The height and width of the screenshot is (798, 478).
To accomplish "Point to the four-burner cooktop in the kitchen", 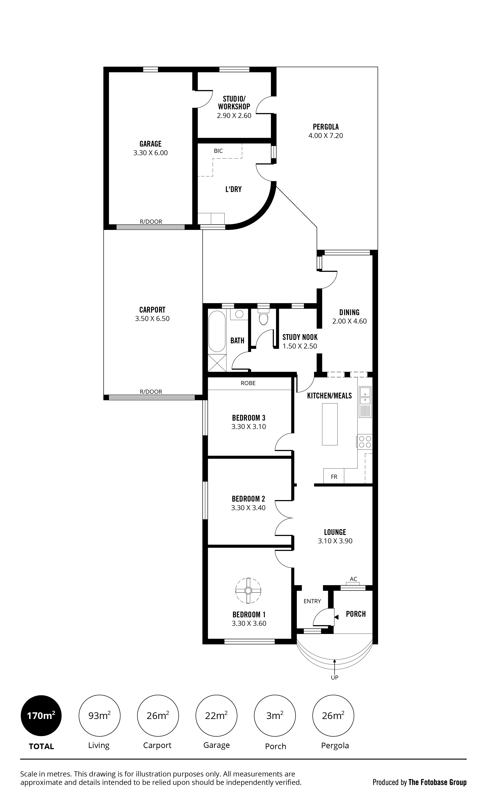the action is [365, 442].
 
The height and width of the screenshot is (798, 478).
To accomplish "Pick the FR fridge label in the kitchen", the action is [334, 477].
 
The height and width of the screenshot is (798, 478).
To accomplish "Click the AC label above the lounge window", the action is [353, 579].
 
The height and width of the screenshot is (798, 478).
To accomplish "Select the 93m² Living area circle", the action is [100, 716].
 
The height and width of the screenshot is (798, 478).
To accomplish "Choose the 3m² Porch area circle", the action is [275, 716].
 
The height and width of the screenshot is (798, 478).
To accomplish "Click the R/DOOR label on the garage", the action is [151, 222].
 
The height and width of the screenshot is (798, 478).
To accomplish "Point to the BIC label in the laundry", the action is [218, 151].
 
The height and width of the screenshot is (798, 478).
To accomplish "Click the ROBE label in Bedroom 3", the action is [248, 383].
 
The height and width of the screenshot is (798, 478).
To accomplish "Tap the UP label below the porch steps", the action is [335, 678].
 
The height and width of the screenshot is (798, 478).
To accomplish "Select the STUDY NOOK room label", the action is [300, 337].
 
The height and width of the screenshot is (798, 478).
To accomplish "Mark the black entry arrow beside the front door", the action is [336, 617].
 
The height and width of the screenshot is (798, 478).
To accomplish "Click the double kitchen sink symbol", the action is [365, 396].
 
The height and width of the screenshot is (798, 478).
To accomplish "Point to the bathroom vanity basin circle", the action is [239, 314].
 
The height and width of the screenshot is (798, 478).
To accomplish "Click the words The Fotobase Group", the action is [437, 782].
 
